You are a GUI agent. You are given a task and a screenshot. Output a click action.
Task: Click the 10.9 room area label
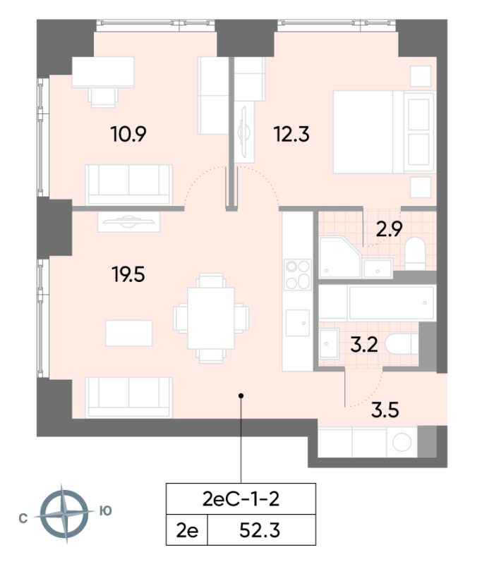[x=128, y=134]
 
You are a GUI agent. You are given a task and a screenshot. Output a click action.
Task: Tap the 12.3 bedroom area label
[x=291, y=134]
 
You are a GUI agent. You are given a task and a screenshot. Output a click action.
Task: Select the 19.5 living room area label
[x=128, y=275]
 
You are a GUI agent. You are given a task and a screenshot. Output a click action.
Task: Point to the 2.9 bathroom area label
[x=389, y=229]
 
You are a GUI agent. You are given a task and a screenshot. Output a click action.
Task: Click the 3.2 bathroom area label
[x=364, y=345]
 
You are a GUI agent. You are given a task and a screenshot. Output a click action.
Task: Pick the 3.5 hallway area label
[x=385, y=410]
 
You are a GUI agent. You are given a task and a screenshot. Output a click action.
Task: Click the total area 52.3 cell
[x=260, y=530]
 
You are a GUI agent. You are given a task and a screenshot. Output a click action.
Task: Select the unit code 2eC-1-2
[x=241, y=499]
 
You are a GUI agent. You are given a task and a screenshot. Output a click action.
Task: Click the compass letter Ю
[x=105, y=510]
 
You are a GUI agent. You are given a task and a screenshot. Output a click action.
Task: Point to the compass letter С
[x=23, y=518]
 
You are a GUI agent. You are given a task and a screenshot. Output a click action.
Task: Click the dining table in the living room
[x=211, y=318]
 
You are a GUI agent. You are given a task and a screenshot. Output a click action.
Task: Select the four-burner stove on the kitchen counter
[x=298, y=275]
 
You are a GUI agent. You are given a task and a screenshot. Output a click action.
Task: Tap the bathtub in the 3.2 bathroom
[x=392, y=303]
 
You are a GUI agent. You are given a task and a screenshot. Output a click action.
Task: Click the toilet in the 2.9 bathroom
[x=415, y=253]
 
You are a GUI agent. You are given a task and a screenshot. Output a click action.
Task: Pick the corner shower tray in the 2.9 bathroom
[x=340, y=257]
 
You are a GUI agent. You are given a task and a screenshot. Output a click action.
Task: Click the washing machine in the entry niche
[x=402, y=442]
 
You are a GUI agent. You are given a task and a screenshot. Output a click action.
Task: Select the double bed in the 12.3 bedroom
[x=384, y=132]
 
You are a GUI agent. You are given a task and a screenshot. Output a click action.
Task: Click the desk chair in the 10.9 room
[x=103, y=97]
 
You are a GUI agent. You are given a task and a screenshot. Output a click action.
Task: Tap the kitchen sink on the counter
[x=298, y=323]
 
